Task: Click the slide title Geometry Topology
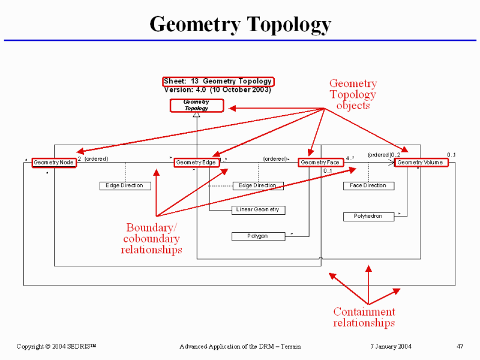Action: point(240,25)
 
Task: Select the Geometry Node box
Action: point(54,163)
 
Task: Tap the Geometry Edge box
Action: point(196,163)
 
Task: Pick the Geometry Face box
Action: point(320,163)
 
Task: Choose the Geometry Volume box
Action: point(421,163)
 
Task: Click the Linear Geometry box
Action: point(258,210)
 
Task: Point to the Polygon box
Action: point(258,236)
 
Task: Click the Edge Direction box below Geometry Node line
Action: point(124,186)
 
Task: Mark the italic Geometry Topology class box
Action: point(197,106)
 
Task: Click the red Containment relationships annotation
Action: point(364,317)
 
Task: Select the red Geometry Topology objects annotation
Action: point(353,95)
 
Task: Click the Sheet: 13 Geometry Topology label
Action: point(218,81)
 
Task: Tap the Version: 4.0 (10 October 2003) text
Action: point(217,90)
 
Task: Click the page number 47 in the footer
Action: point(460,347)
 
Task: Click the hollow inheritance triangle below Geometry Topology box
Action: point(196,115)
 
